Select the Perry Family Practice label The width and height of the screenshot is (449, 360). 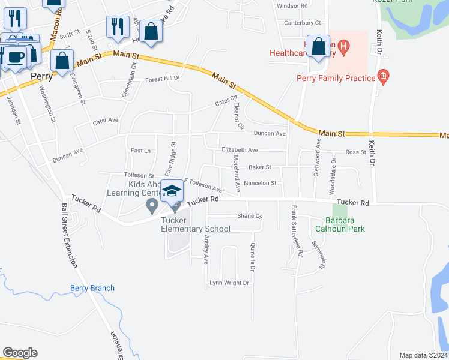(335, 77)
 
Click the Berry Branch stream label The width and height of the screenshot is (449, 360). (92, 288)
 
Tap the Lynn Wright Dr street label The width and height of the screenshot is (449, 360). (229, 283)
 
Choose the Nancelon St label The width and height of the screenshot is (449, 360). (259, 183)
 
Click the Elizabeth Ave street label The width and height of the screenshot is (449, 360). (240, 149)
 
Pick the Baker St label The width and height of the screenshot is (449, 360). (260, 167)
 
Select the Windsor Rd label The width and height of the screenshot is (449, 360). (292, 5)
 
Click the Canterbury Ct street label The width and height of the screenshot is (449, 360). (303, 23)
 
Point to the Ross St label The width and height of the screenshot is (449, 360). (355, 152)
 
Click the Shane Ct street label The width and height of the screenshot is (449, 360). (250, 215)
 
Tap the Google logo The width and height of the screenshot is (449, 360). (20, 353)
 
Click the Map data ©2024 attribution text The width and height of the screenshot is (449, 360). (423, 355)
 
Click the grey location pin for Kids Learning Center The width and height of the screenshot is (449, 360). (152, 206)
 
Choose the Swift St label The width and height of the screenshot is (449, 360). (70, 35)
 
